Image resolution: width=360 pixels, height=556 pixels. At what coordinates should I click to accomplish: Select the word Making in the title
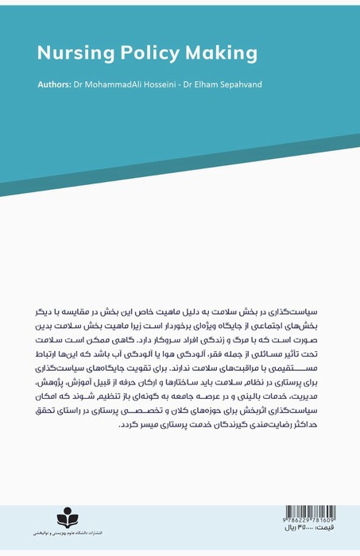tap(221, 53)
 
